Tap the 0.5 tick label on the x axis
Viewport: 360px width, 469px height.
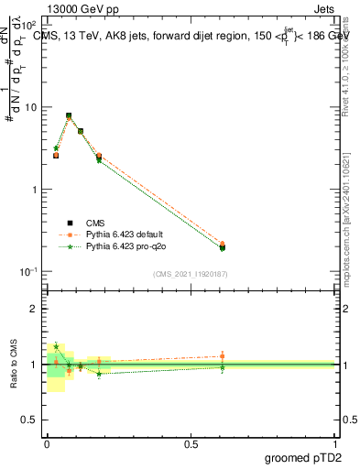191,443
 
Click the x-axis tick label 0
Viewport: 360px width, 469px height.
47,443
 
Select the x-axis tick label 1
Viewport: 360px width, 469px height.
335,443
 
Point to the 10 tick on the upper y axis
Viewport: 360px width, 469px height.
31,107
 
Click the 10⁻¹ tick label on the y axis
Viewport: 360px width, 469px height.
29,272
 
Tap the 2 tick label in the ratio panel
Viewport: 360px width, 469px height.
36,309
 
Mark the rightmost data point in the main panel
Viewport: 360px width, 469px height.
223,246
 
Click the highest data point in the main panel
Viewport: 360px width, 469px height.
69,116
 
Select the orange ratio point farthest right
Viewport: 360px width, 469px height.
223,355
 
